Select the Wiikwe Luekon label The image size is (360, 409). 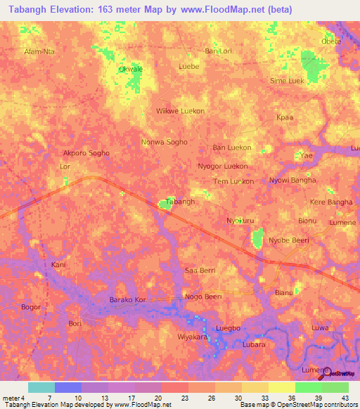tap(180, 111)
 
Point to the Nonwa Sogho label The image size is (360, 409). tap(165, 141)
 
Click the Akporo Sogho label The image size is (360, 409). tap(86, 152)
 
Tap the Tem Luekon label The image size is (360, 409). tap(233, 181)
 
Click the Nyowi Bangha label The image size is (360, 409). tap(292, 180)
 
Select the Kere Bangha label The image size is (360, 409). tap(331, 202)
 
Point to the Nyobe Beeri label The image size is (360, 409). tap(289, 238)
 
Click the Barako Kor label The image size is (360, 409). tap(127, 300)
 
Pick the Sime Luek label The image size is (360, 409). tap(288, 82)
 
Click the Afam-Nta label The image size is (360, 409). tap(39, 51)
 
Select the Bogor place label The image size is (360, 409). tap(31, 307)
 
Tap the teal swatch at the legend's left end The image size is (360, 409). tap(41, 387)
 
